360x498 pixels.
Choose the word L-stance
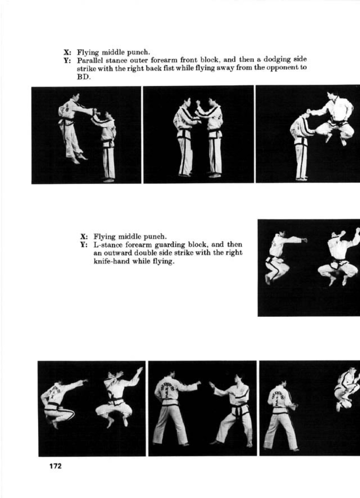point(107,245)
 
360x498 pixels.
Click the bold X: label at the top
point(67,52)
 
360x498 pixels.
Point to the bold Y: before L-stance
point(84,245)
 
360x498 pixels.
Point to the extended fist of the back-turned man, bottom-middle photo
point(198,383)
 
